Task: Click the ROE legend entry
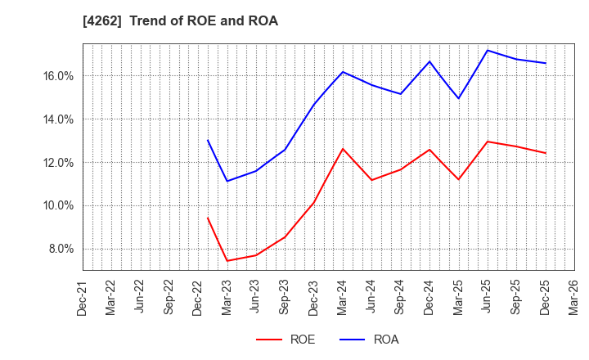[286, 340]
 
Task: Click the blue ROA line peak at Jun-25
[488, 50]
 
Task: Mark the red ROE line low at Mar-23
[227, 261]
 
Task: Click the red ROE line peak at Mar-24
[343, 148]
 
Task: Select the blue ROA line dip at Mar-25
[458, 99]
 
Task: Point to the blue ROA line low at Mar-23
[227, 181]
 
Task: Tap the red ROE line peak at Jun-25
[488, 142]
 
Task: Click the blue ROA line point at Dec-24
[429, 61]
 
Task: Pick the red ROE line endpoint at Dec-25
[546, 153]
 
